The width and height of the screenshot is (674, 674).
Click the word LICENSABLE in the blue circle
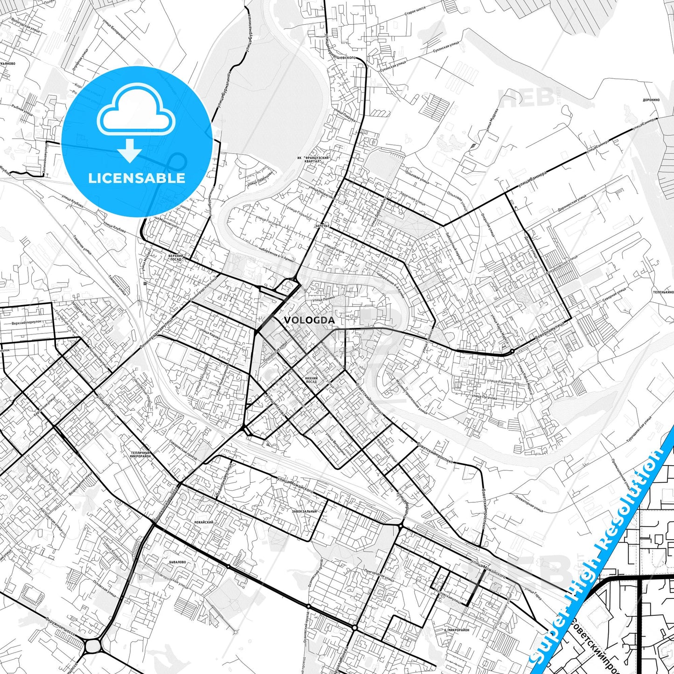(x=137, y=178)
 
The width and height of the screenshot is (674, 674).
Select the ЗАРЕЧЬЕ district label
(x=322, y=226)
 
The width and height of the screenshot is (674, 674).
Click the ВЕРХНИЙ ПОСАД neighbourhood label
(x=175, y=258)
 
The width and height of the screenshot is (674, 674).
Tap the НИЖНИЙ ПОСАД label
(x=311, y=380)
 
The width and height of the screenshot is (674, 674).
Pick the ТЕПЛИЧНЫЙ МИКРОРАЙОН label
(x=140, y=454)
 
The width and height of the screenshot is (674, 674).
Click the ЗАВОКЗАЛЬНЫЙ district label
(x=304, y=511)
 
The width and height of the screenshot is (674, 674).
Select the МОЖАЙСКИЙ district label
(x=204, y=522)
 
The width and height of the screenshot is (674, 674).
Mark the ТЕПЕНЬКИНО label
(x=663, y=292)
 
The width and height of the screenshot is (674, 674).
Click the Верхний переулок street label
(x=27, y=323)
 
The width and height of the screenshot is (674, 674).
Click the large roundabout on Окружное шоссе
(x=93, y=646)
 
